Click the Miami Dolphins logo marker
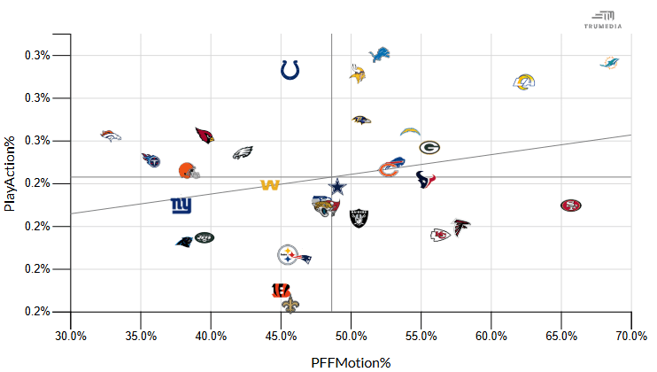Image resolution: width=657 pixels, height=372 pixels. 609,63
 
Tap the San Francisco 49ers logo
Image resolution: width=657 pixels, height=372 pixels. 571,205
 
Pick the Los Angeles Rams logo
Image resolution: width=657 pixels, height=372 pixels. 524,81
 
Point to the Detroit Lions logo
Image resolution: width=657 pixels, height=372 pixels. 380,55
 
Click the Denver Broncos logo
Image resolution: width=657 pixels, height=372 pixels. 111,136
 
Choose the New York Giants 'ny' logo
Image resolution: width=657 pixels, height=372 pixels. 182,205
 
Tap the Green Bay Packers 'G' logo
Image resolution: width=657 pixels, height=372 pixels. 429,147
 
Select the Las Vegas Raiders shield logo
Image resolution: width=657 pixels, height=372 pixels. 359,218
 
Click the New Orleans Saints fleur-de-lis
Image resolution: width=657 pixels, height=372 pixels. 290,305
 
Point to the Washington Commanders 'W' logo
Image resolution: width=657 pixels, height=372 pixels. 270,185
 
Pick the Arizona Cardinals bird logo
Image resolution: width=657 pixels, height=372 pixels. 205,136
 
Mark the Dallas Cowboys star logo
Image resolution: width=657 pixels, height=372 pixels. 337,187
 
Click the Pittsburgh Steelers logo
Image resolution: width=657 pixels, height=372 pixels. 288,255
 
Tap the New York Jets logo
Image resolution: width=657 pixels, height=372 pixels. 205,238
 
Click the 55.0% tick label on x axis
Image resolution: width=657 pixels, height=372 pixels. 421,336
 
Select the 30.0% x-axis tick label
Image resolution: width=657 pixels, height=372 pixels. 71,336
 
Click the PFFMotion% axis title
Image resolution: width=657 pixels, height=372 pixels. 351,363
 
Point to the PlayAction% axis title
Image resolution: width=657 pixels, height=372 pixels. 9,174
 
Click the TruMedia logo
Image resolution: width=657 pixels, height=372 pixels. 603,19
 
